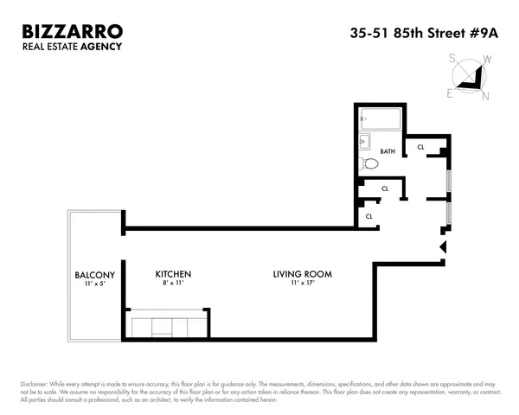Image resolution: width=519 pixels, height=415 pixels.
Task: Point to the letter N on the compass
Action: click(484, 95)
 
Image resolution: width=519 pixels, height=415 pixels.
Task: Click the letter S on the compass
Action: click(452, 59)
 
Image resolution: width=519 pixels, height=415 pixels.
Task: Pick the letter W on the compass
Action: click(487, 60)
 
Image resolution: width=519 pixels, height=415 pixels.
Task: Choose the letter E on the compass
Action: click(450, 94)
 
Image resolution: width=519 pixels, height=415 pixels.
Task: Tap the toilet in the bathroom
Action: click(369, 163)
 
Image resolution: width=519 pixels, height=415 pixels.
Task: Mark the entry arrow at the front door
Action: click(443, 247)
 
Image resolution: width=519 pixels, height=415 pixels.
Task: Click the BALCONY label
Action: click(90, 275)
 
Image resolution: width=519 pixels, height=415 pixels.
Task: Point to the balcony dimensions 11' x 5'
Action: click(90, 284)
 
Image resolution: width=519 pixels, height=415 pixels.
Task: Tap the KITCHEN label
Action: click(173, 275)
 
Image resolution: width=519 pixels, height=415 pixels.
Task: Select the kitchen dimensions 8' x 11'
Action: click(173, 284)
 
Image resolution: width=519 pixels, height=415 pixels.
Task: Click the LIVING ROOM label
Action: click(303, 275)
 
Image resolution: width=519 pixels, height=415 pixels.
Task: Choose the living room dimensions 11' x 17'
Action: click(303, 284)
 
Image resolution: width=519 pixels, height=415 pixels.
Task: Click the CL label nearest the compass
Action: click(420, 148)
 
